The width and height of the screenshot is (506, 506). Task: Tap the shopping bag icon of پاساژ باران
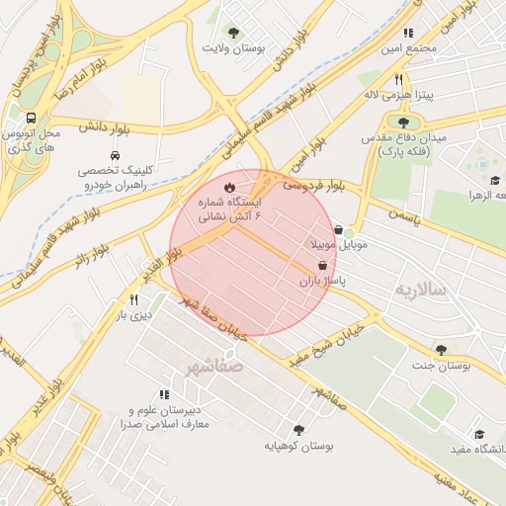pyautogui.click(x=323, y=265)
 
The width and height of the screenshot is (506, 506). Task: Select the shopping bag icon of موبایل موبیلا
pyautogui.click(x=339, y=229)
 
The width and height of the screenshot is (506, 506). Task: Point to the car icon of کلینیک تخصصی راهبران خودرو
pyautogui.click(x=116, y=155)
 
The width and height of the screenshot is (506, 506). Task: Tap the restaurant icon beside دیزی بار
pyautogui.click(x=133, y=299)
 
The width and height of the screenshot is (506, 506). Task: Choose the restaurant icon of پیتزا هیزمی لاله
pyautogui.click(x=398, y=79)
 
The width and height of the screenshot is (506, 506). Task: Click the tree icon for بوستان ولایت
pyautogui.click(x=234, y=33)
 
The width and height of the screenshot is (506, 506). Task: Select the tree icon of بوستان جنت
pyautogui.click(x=441, y=349)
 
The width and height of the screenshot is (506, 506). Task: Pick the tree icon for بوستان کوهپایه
pyautogui.click(x=298, y=429)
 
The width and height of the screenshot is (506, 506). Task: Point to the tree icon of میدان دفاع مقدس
pyautogui.click(x=403, y=124)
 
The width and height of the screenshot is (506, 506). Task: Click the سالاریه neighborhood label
pyautogui.click(x=422, y=289)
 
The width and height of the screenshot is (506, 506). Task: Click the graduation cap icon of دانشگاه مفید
pyautogui.click(x=480, y=434)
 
